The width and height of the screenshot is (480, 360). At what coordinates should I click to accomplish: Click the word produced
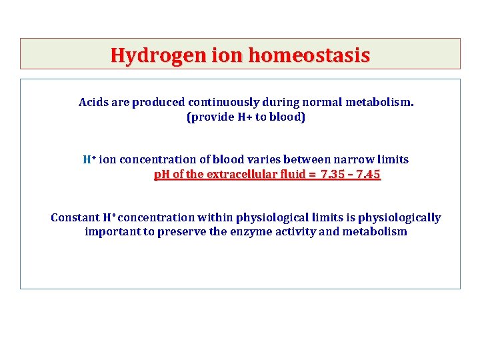coord(159,102)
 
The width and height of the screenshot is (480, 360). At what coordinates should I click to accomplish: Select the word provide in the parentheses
coord(213,117)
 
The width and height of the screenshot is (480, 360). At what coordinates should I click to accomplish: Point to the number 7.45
coord(368,174)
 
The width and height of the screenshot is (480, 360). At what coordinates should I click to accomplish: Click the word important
coord(113,232)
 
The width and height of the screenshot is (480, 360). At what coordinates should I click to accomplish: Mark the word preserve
coord(181,232)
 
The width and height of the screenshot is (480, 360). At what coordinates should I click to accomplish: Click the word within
coord(215,217)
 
